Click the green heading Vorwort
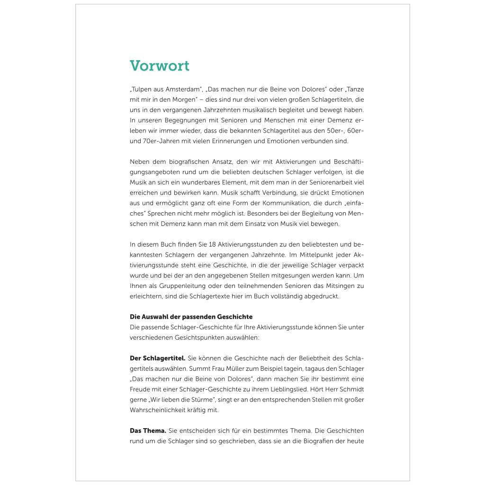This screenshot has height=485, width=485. click(x=160, y=66)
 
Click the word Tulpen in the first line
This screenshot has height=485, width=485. click(x=140, y=89)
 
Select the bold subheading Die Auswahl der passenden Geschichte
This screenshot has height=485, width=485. click(x=191, y=317)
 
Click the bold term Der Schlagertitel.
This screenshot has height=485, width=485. click(x=157, y=358)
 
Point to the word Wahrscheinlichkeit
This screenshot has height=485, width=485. click(x=161, y=410)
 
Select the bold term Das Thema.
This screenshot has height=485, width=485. click(x=148, y=431)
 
